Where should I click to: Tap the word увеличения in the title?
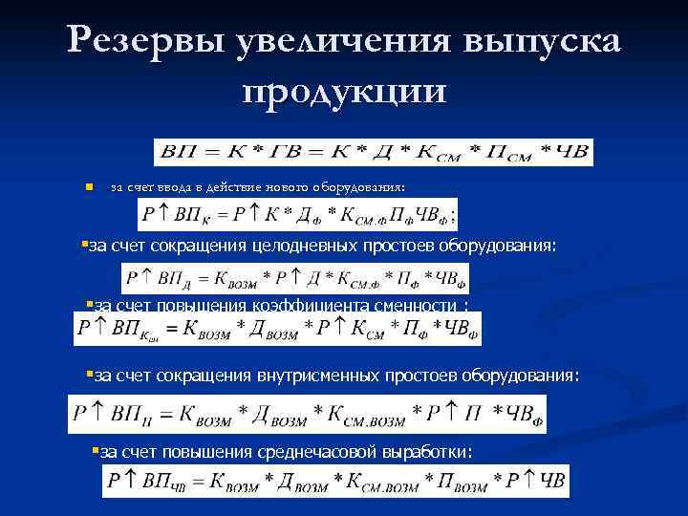(x=339, y=42)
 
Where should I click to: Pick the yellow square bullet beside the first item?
(x=87, y=188)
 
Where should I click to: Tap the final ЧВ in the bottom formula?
(x=552, y=481)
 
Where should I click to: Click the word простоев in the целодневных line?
(x=398, y=247)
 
